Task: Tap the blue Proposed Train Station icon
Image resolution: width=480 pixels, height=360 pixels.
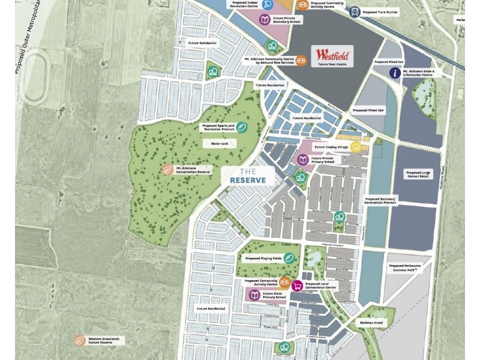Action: point(355,11)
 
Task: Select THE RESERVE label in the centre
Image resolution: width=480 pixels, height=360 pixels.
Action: point(248,176)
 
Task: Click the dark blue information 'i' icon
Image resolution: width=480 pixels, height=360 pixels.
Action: point(395,73)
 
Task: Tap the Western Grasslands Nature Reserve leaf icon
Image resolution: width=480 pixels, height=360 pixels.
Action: point(79,341)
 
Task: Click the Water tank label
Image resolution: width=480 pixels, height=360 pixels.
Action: point(211,143)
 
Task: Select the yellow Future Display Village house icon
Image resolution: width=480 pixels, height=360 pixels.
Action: point(356,146)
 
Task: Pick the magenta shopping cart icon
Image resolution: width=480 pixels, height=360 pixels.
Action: point(296,286)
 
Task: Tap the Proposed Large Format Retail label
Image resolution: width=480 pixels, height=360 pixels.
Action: point(418,174)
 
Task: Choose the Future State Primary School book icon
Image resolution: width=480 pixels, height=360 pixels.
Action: point(254,296)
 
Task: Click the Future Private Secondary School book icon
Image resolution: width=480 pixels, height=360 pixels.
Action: point(265,20)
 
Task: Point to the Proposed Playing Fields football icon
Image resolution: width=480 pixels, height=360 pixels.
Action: point(290,258)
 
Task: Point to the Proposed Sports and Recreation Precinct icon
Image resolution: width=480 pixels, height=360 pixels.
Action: point(241,127)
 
